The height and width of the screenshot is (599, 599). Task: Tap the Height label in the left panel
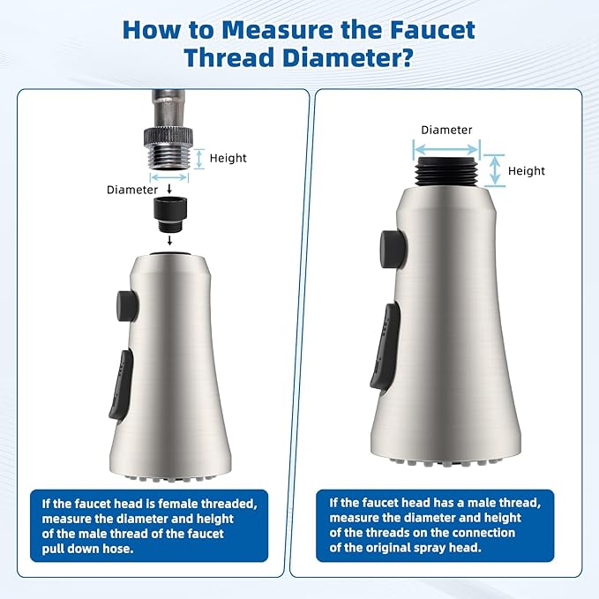pos(229,159)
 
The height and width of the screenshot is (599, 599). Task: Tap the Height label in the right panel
pos(527,171)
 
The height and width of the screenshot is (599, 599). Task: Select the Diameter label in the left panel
pos(132,190)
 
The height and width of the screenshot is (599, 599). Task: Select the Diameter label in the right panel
pos(446,130)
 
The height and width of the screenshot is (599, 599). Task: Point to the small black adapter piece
pos(168,211)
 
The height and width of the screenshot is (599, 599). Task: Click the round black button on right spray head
pos(388,247)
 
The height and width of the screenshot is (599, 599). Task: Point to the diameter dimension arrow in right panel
pos(447,144)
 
